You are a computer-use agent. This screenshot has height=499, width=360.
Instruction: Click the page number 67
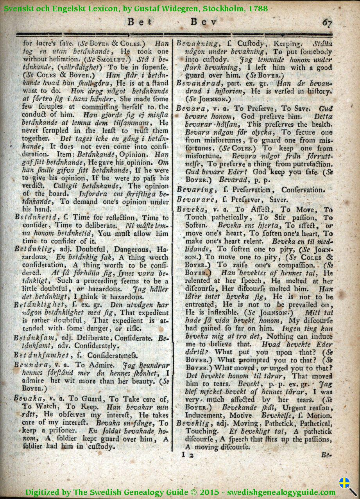(327, 22)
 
